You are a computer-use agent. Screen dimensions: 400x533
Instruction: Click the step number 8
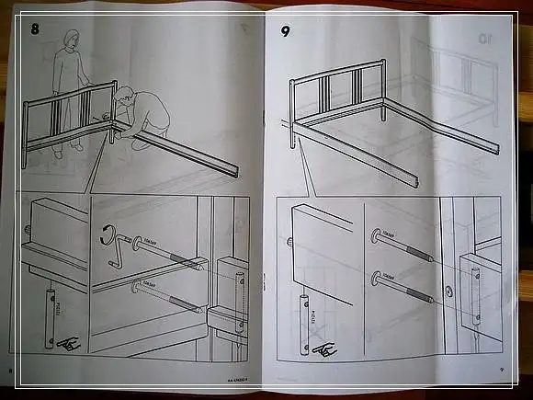click(x=35, y=28)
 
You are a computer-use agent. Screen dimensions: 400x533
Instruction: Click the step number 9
click(x=286, y=30)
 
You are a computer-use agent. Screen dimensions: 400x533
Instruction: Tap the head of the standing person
click(x=70, y=39)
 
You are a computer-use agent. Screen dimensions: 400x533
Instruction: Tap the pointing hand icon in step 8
click(x=67, y=344)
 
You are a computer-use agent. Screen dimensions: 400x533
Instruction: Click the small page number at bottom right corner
click(x=501, y=371)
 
